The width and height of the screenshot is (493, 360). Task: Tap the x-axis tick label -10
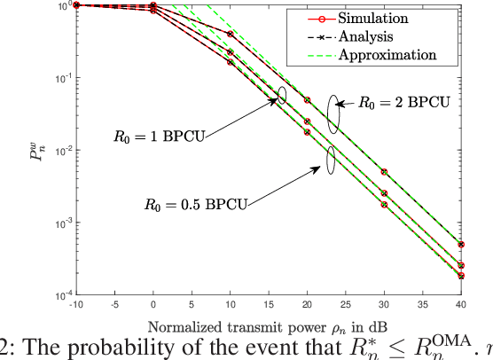(x=76, y=303)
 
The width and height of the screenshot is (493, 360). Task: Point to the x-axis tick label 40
(x=461, y=303)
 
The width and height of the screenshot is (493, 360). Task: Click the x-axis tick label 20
(x=308, y=303)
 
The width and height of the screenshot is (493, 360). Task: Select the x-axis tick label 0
(x=153, y=303)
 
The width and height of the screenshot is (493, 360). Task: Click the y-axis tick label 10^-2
(x=60, y=151)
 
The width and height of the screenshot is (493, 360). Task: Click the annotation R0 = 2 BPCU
(x=400, y=101)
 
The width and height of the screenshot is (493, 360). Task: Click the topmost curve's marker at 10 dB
(x=231, y=35)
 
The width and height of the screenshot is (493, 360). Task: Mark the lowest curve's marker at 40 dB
(x=461, y=276)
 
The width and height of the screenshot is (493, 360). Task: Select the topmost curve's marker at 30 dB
(x=384, y=171)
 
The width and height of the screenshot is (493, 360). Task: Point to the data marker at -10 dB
(x=76, y=5)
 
